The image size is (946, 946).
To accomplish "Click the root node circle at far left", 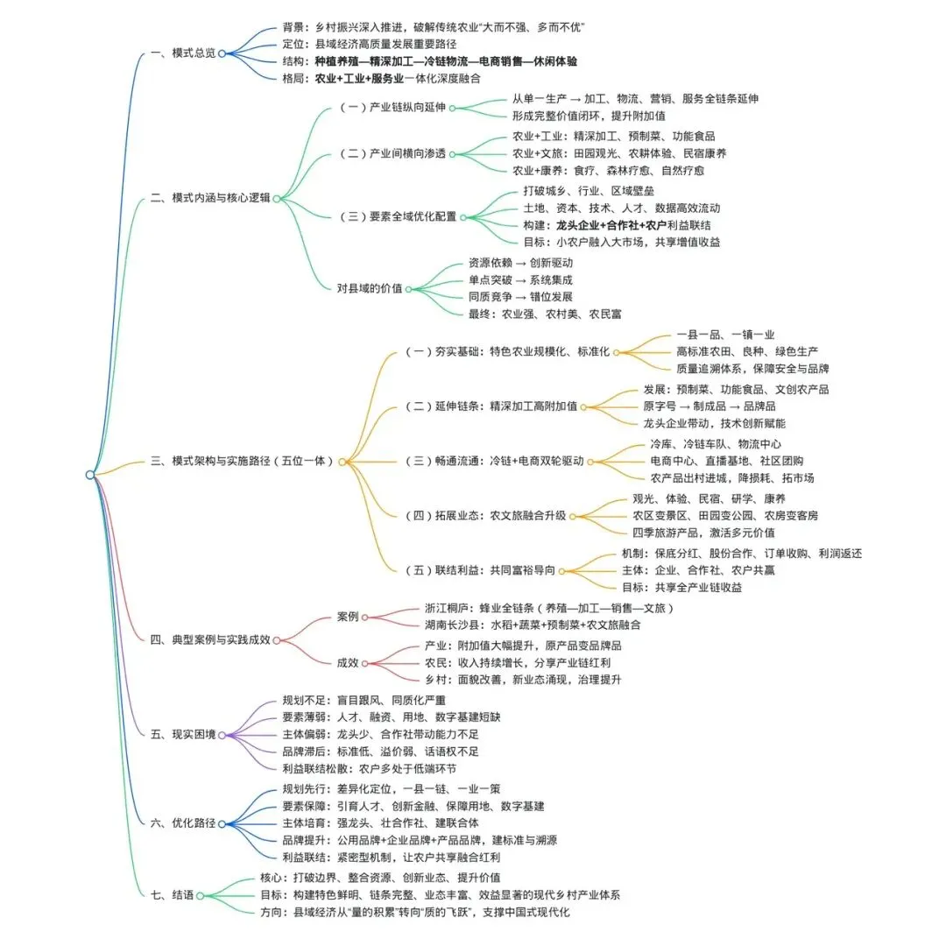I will click(x=90, y=474).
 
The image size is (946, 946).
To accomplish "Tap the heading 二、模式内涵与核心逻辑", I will click(x=210, y=198).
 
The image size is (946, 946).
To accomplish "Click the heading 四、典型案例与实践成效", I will click(x=210, y=639).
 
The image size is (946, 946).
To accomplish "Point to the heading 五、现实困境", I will click(x=182, y=733).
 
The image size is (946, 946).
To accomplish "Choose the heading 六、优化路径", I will click(x=182, y=823).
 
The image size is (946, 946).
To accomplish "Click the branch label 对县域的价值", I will click(x=371, y=288).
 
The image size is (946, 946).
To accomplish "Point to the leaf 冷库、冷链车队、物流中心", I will click(x=716, y=444).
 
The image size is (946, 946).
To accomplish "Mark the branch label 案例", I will click(x=348, y=616).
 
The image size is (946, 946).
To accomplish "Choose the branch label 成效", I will click(x=348, y=663).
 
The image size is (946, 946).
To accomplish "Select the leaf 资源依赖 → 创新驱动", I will click(x=520, y=262).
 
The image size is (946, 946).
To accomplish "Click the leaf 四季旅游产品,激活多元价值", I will click(x=703, y=532).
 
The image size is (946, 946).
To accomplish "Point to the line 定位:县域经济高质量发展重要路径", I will click(x=369, y=44).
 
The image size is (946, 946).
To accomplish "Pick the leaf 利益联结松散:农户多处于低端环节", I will click(x=369, y=768).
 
